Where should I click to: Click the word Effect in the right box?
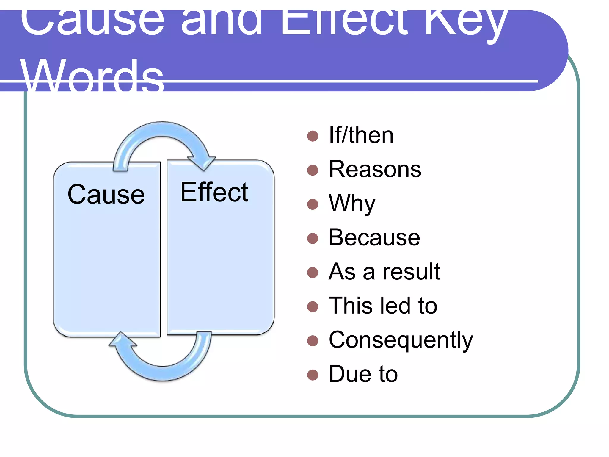[214, 192]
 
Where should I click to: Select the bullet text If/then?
[361, 135]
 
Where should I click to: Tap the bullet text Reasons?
[375, 169]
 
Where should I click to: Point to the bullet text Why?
[352, 204]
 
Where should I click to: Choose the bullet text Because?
[374, 237]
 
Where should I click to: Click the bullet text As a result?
[384, 272]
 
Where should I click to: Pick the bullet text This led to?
[383, 306]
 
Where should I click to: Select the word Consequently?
[401, 340]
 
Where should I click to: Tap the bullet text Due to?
[363, 374]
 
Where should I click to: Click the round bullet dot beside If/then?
[313, 136]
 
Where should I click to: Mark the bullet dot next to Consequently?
[313, 341]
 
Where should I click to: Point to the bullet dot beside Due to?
[313, 375]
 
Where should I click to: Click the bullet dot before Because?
[313, 238]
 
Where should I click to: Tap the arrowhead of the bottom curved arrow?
[122, 340]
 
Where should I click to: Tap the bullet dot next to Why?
[313, 204]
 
